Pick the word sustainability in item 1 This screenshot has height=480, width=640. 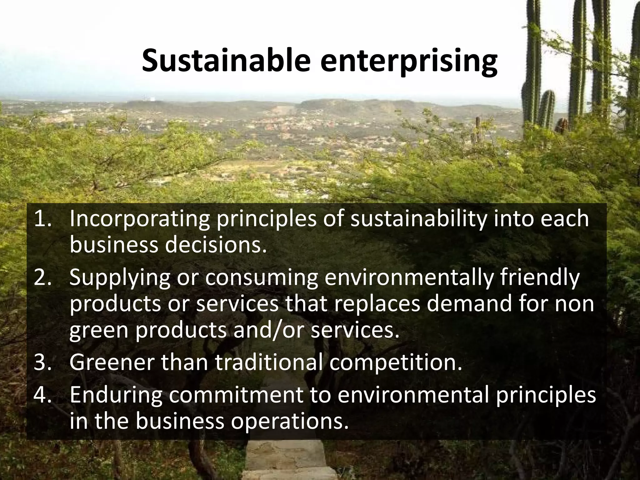click(418, 220)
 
